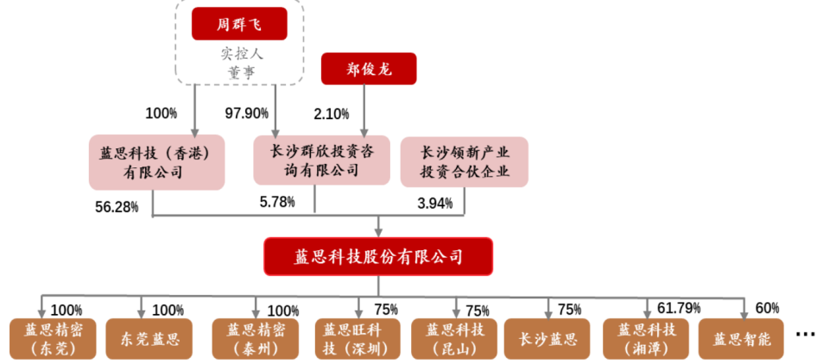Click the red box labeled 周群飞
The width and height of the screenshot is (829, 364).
[239, 24]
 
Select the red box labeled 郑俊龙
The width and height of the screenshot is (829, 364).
[369, 69]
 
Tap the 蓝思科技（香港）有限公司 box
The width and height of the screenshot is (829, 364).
[156, 163]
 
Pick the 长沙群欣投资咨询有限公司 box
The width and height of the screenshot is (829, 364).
[321, 160]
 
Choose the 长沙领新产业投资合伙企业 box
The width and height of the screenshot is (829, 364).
[465, 161]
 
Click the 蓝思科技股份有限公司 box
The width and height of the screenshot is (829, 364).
[378, 256]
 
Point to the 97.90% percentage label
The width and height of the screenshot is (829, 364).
[246, 112]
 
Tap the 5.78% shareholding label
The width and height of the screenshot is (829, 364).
[277, 201]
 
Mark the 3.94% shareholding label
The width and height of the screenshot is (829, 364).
[435, 203]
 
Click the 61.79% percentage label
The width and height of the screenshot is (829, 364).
[679, 307]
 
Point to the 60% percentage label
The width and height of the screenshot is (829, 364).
[768, 307]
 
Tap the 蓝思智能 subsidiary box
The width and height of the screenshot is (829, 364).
[741, 339]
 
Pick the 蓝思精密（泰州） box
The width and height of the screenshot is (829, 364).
[256, 339]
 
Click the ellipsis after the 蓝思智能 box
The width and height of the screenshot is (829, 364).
[805, 334]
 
